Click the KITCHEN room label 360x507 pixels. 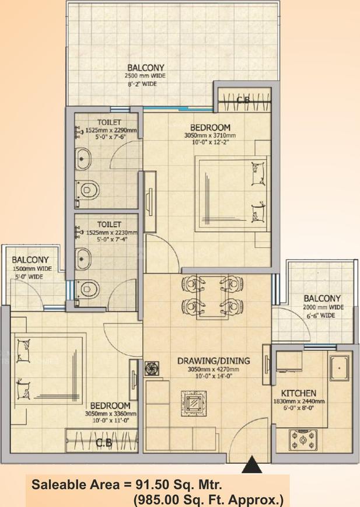click(x=298, y=393)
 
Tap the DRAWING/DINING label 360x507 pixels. click(x=214, y=361)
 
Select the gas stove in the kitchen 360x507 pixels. click(x=303, y=440)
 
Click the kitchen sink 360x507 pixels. click(x=339, y=368)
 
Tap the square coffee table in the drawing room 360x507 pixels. click(x=194, y=403)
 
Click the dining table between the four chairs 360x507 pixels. click(x=212, y=298)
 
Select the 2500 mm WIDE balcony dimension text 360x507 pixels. click(x=145, y=76)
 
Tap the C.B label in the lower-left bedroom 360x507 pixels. click(x=104, y=443)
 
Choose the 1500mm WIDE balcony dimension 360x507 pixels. click(x=32, y=269)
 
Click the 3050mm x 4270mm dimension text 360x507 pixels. click(x=214, y=369)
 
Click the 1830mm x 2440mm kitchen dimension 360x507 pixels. click(x=298, y=401)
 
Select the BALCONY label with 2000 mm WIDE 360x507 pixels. click(x=322, y=298)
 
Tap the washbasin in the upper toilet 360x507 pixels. click(x=82, y=159)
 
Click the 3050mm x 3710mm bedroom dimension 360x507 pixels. click(x=210, y=135)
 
